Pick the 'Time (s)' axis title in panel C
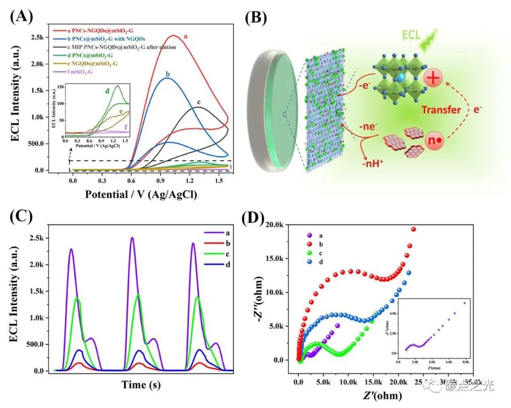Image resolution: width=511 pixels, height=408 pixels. [141, 384]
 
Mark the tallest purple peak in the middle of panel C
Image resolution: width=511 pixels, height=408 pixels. [133, 238]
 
